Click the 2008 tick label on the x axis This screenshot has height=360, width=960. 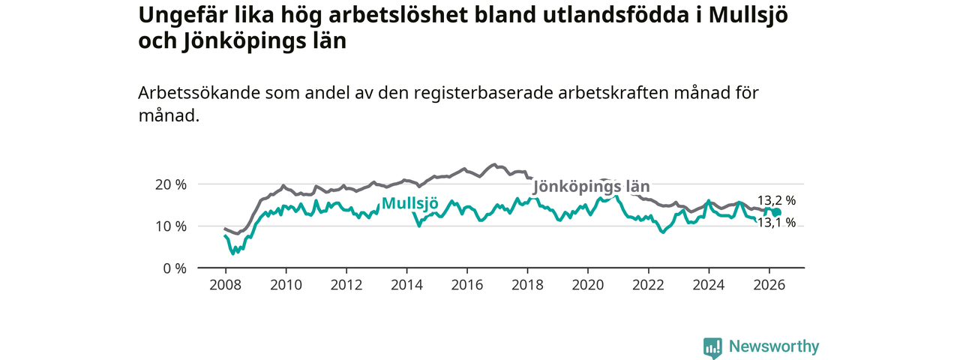(225, 285)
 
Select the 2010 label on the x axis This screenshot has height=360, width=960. (286, 285)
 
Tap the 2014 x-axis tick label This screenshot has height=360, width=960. (406, 285)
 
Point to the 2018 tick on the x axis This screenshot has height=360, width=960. (527, 285)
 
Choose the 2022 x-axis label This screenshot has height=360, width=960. (649, 285)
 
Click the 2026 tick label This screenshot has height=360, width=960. (769, 285)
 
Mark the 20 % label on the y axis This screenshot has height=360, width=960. (171, 184)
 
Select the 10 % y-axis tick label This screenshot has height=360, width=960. (171, 226)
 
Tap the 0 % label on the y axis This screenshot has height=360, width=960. (175, 268)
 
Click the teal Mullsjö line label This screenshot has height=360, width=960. (409, 203)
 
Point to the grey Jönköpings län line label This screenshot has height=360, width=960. (592, 187)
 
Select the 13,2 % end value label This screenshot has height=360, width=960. (776, 200)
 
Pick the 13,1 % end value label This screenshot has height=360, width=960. (776, 223)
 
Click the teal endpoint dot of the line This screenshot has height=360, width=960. (777, 212)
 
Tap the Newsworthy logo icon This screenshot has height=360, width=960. (712, 346)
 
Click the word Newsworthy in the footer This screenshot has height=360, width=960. (774, 346)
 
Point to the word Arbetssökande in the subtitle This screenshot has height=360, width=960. (199, 93)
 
